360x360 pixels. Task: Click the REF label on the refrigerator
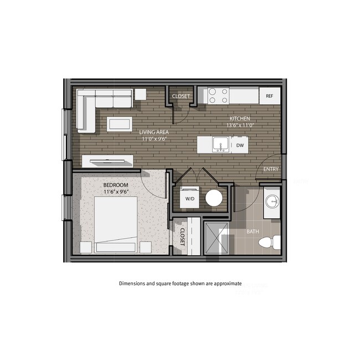click(270, 96)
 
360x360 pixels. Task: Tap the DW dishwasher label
click(240, 146)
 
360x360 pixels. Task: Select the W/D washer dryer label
click(190, 198)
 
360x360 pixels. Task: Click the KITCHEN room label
click(240, 119)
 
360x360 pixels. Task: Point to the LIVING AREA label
click(154, 132)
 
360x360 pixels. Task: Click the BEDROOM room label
click(116, 185)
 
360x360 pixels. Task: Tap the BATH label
click(253, 232)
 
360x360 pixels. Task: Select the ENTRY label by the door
click(271, 169)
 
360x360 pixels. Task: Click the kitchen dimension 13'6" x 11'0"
click(240, 125)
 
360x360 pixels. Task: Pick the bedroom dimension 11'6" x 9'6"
click(116, 192)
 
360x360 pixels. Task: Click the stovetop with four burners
click(218, 96)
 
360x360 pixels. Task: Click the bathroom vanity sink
click(271, 201)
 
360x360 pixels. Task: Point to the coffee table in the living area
click(120, 123)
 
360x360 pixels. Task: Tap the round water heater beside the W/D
click(214, 198)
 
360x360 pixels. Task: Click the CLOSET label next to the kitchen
click(181, 96)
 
